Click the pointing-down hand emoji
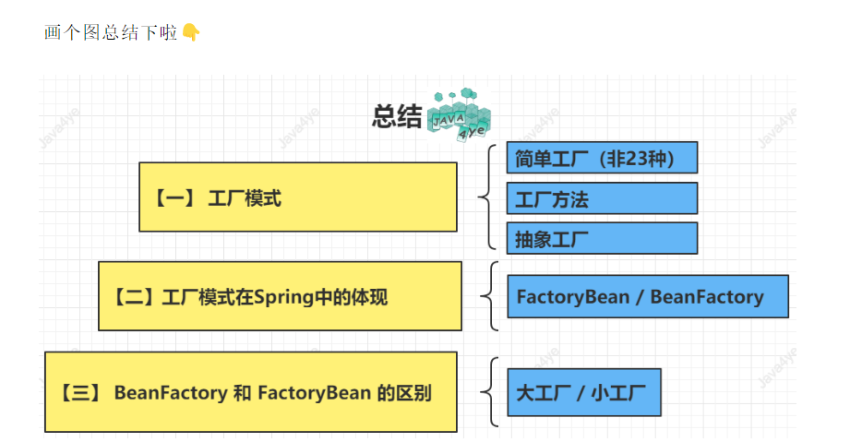tap(191, 33)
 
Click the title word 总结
tap(397, 117)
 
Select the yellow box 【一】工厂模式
tap(297, 197)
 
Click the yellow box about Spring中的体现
tap(280, 296)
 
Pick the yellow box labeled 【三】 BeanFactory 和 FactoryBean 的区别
tap(250, 392)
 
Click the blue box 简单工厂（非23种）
tap(602, 158)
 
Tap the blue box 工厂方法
tap(602, 198)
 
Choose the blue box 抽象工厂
tap(602, 238)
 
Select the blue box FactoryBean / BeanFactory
tap(648, 296)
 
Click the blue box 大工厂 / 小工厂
tap(584, 392)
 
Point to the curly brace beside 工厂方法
tap(486, 197)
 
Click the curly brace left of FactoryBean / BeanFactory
tap(488, 296)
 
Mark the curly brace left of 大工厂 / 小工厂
tap(488, 392)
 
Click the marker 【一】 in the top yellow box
tap(173, 197)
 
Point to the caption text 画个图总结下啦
tap(111, 33)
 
